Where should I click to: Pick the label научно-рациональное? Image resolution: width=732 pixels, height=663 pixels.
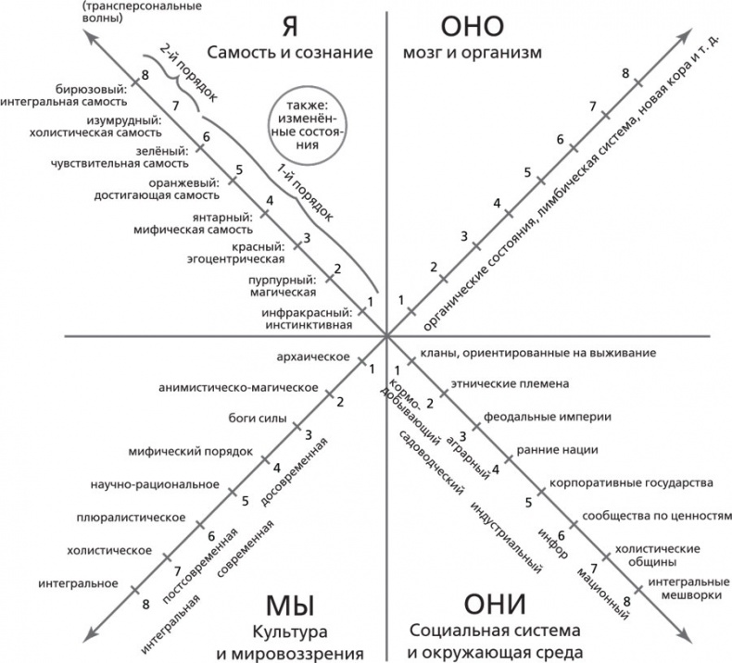(x=155, y=483)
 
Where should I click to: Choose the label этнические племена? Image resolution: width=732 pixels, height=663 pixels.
(x=509, y=382)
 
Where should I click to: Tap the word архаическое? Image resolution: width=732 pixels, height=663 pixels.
(x=313, y=357)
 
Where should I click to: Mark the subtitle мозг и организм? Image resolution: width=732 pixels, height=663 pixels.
(x=471, y=53)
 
